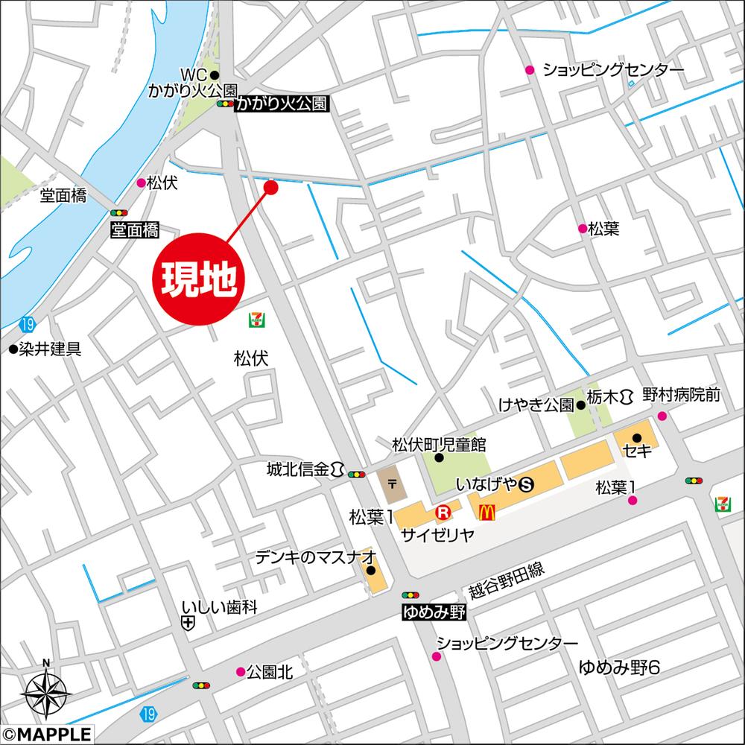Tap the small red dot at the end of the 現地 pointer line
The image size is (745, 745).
(271, 188)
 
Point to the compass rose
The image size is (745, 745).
(45, 692)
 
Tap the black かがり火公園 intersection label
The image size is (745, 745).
(282, 105)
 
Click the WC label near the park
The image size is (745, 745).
(193, 74)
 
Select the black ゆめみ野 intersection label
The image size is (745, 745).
(433, 612)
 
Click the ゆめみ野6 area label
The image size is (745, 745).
(619, 667)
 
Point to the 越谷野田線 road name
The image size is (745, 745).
(507, 581)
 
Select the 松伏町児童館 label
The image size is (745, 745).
(439, 445)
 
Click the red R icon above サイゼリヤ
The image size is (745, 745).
(443, 512)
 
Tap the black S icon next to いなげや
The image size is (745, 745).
(527, 485)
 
